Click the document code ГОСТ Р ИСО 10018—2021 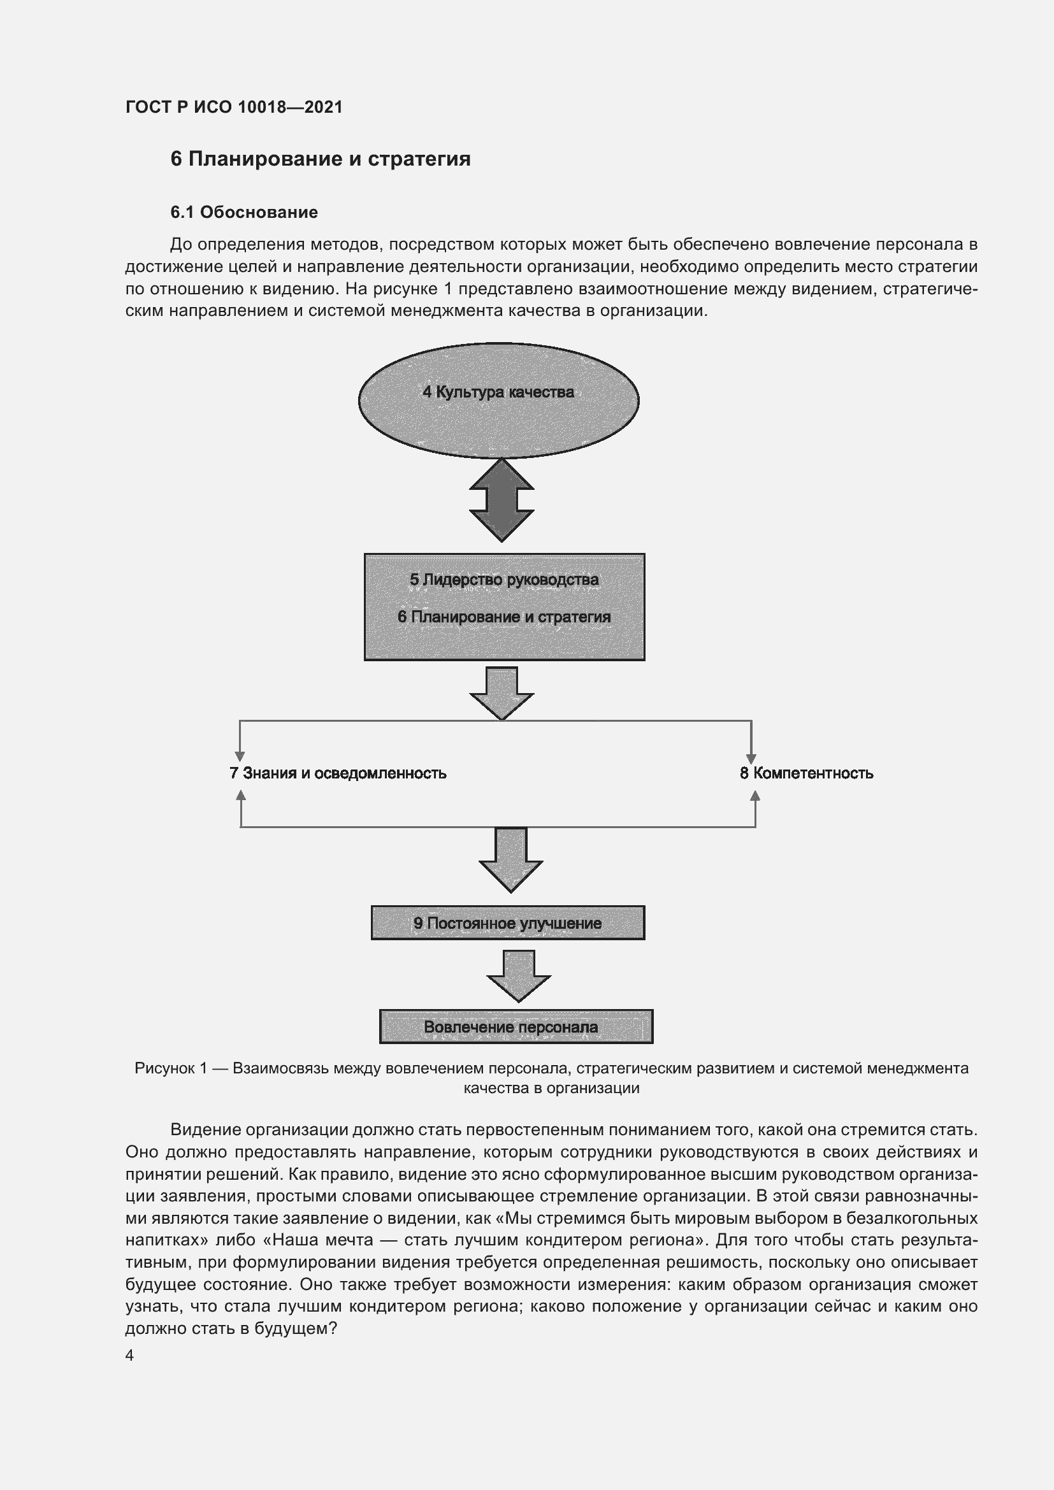click(x=234, y=107)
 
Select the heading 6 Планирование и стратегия click(x=320, y=159)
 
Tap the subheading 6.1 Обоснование click(x=244, y=212)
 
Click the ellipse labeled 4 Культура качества click(x=498, y=399)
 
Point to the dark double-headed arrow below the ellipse click(x=502, y=499)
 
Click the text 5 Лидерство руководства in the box click(x=503, y=580)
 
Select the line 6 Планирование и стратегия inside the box click(x=503, y=617)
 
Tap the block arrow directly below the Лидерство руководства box click(x=502, y=693)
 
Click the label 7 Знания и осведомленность click(x=338, y=773)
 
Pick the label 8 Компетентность click(x=806, y=773)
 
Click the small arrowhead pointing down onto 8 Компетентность click(x=751, y=759)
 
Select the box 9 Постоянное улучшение click(x=507, y=923)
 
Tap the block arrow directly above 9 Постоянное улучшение click(x=511, y=860)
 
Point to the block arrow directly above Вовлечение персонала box click(x=519, y=976)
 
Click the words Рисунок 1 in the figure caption click(x=171, y=1068)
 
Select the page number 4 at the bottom click(x=129, y=1355)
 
